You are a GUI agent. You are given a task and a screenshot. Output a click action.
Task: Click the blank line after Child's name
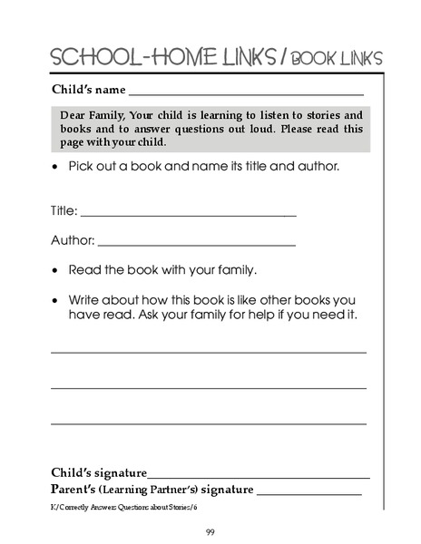[x=246, y=94]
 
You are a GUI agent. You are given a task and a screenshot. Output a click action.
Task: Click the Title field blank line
[x=188, y=216]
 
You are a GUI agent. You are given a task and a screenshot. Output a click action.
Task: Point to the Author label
[x=72, y=241]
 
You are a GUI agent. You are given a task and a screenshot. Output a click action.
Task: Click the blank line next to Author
[x=196, y=246]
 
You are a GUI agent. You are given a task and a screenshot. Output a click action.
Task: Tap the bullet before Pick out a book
[x=56, y=168]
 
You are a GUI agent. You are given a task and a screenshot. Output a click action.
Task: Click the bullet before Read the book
[x=56, y=271]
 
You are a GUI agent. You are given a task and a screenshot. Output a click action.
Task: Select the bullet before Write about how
[x=56, y=300]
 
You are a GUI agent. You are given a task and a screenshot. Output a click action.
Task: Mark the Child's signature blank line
[x=259, y=477]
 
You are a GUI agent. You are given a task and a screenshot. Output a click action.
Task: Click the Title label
[x=64, y=212]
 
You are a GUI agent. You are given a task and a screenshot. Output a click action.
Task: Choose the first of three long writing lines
[x=208, y=352]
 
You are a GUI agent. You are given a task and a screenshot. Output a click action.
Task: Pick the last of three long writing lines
[x=208, y=423]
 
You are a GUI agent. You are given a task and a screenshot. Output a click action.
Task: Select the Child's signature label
[x=98, y=472]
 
